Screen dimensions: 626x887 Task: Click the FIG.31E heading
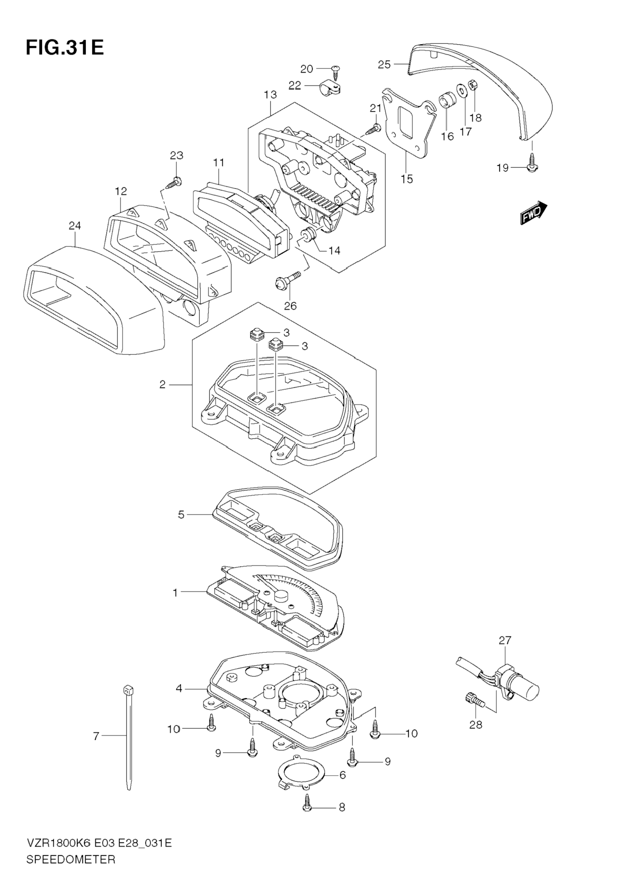click(x=65, y=48)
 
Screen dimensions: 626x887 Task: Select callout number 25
click(x=384, y=65)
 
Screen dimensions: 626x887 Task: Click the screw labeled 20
click(x=335, y=72)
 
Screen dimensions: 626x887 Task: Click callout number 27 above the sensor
click(x=505, y=640)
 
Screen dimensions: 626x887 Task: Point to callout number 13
click(x=271, y=95)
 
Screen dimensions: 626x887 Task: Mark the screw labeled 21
click(x=373, y=129)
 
